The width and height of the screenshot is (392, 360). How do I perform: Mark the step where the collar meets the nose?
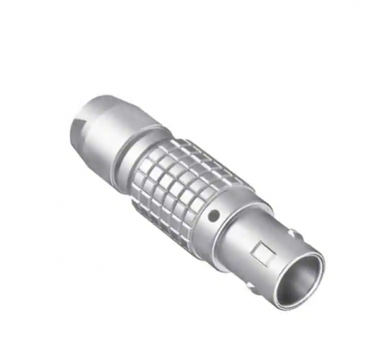tap(242, 233)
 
